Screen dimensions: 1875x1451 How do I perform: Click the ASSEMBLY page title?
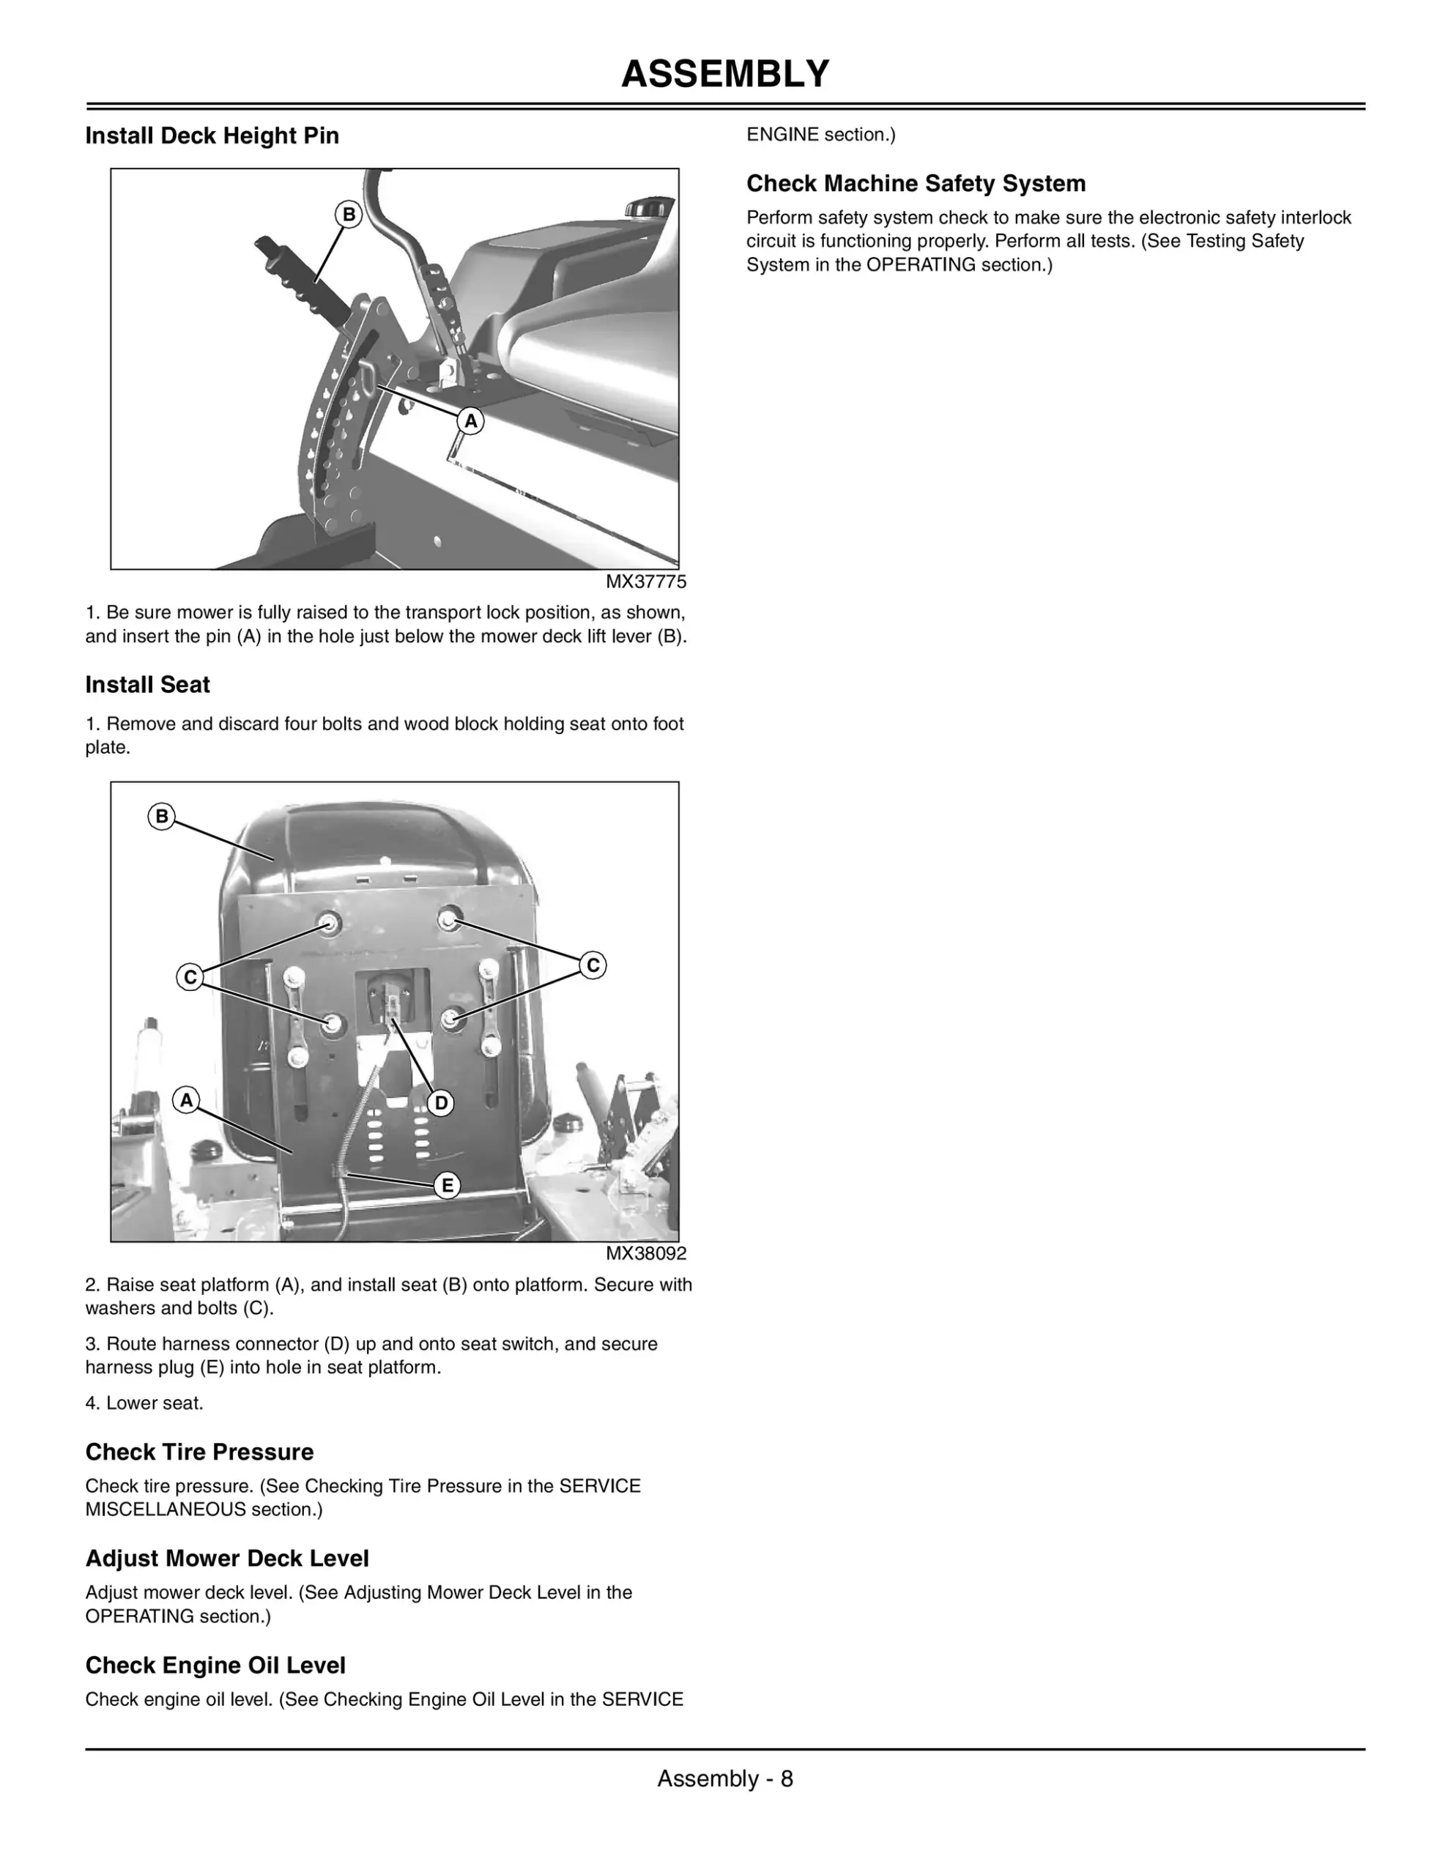[724, 74]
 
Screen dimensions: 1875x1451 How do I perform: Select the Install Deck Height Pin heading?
[212, 135]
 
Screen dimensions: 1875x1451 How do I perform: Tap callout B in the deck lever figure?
[349, 215]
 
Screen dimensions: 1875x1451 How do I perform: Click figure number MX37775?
[645, 582]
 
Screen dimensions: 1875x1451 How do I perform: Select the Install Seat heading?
[148, 684]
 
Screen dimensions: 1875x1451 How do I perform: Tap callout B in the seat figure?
[161, 817]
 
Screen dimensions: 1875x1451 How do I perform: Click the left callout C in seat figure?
[190, 977]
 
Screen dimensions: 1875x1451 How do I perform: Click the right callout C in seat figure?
[593, 965]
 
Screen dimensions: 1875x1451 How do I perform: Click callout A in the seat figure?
[186, 1100]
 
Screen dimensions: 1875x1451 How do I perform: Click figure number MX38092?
[645, 1253]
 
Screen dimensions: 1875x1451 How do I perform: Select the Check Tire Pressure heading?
[199, 1452]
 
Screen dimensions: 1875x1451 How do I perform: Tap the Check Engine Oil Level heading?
[215, 1666]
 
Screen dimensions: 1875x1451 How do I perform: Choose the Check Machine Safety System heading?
[916, 184]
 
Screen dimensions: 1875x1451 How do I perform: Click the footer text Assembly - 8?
[724, 1779]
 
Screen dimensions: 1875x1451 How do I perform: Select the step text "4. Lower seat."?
[144, 1403]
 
